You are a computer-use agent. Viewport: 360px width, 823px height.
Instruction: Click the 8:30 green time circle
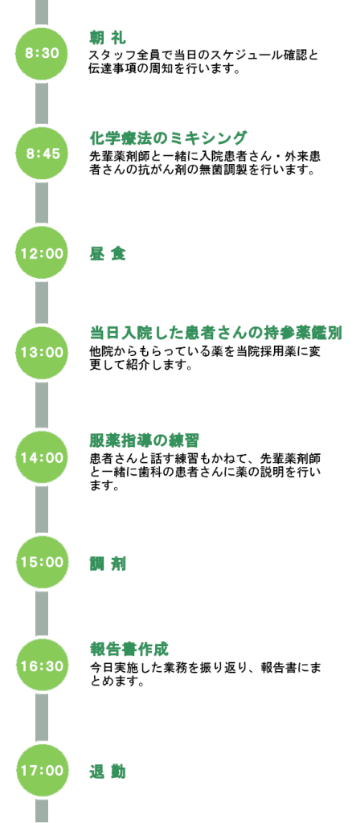[42, 53]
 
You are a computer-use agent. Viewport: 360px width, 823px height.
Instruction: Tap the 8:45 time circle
[42, 154]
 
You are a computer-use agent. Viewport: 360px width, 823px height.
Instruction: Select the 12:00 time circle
[42, 253]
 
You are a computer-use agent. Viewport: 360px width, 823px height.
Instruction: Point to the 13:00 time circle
[42, 353]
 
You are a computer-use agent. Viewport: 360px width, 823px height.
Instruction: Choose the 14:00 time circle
[42, 457]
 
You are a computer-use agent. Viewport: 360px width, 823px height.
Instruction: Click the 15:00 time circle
[42, 562]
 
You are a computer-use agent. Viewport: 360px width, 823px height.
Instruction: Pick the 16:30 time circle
[42, 666]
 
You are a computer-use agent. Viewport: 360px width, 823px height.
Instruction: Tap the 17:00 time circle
[42, 771]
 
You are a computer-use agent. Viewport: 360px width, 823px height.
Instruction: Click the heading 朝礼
[108, 38]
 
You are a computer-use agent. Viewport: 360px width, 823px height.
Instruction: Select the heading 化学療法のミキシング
[168, 138]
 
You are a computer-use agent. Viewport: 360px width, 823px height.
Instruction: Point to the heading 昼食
[108, 254]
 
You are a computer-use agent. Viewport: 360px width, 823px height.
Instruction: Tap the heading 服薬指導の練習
[144, 439]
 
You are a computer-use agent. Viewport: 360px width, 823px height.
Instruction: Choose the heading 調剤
[108, 564]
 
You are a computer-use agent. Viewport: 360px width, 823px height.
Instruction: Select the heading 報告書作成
[129, 649]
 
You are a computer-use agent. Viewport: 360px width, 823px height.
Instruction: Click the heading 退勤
[108, 772]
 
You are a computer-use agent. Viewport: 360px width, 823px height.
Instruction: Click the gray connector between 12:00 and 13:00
[42, 303]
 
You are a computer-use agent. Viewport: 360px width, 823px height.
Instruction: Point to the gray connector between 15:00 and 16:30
[42, 613]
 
